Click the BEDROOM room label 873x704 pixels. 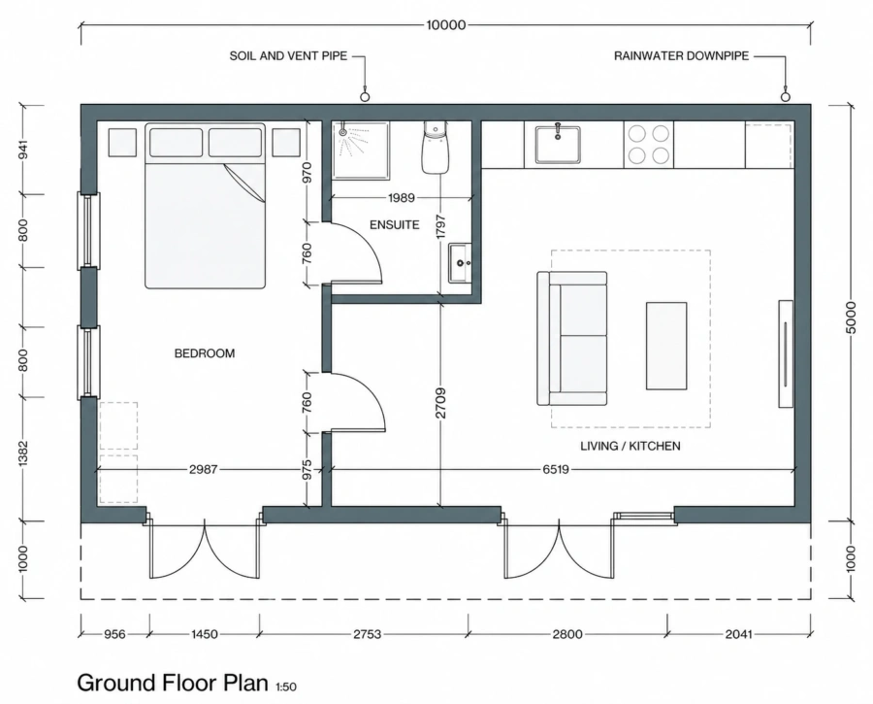point(205,353)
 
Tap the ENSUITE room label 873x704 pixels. point(394,225)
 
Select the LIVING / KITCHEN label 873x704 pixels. point(630,446)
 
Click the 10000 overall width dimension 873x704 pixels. point(445,25)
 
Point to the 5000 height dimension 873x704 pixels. point(850,318)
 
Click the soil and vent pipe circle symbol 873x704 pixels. point(366,97)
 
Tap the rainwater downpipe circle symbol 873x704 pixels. point(785,97)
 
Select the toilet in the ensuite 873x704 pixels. point(435,148)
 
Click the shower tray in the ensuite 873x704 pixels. point(361,151)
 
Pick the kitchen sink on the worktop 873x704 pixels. point(558,145)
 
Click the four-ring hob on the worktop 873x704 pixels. point(649,145)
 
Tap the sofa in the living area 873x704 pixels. point(571,338)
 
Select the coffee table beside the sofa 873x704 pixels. point(666,346)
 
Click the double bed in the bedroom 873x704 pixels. point(205,206)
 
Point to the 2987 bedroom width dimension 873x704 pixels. point(204,470)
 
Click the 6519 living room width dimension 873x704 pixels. point(556,470)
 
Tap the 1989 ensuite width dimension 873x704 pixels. point(402,198)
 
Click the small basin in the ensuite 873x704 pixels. point(460,263)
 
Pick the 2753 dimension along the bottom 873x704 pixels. point(368,634)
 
